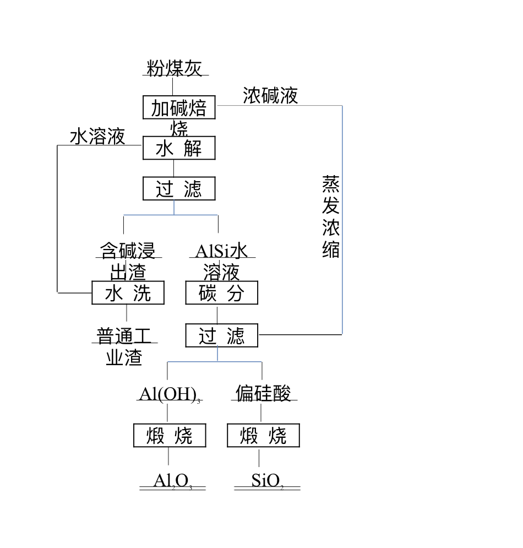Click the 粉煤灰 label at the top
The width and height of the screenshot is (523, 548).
[174, 68]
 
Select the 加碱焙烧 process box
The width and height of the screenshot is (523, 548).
[179, 107]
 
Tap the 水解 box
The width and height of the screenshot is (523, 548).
[179, 148]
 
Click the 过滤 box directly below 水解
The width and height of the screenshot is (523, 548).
[179, 189]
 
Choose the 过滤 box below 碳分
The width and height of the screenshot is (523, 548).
[221, 335]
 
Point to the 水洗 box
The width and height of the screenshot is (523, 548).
[128, 293]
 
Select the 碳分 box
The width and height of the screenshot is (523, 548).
[221, 293]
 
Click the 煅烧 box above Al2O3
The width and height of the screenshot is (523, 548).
[170, 436]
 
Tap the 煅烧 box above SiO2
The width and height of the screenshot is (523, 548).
[263, 436]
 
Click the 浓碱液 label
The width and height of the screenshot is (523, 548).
[270, 96]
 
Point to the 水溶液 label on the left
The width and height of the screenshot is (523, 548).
[97, 137]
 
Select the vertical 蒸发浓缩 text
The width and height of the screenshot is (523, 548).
[331, 217]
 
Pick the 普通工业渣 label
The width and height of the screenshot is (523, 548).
[124, 346]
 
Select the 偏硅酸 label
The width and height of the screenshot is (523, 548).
[263, 393]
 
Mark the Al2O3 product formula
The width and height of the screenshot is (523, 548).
[172, 481]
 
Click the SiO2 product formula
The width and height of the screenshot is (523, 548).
[266, 481]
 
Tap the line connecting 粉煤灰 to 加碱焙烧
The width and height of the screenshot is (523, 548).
[173, 86]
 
